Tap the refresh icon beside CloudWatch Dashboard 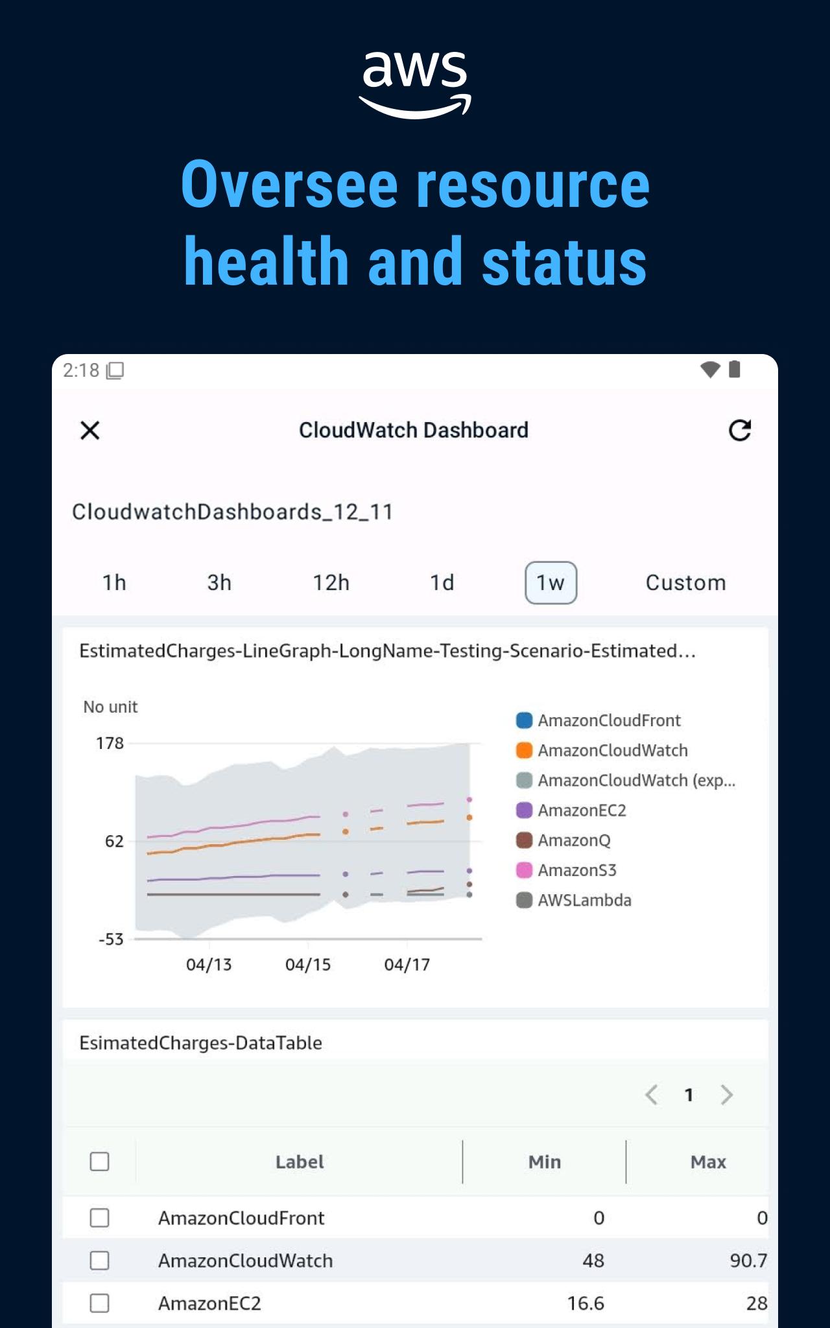point(740,431)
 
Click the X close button point(90,431)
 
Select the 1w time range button point(551,582)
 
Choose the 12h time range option point(331,582)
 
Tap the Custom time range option point(685,582)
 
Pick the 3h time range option point(219,582)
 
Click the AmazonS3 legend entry point(576,870)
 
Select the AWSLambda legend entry point(584,900)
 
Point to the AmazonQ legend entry point(574,840)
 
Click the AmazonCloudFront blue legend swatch point(524,720)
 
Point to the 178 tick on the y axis point(110,743)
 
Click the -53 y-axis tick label point(111,939)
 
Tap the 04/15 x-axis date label point(308,965)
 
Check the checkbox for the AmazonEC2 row point(99,1303)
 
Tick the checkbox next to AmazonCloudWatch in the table point(99,1261)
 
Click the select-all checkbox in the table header point(99,1161)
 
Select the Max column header point(708,1162)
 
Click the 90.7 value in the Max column point(748,1261)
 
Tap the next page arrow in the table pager point(727,1095)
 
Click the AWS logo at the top point(415,83)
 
